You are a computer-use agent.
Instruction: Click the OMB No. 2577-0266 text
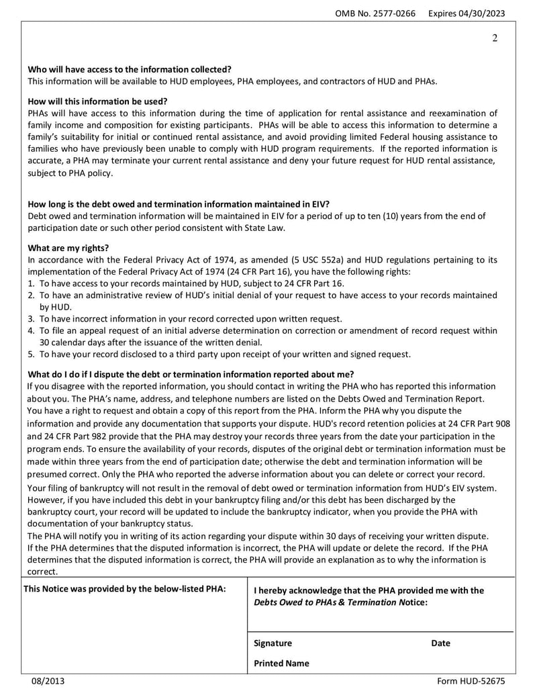(377, 13)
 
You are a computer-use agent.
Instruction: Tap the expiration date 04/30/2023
(488, 13)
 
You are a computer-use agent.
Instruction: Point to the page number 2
(495, 38)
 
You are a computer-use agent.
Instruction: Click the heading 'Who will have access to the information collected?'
(130, 69)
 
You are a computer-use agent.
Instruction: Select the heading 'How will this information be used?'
(97, 101)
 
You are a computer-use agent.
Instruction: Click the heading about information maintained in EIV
(179, 203)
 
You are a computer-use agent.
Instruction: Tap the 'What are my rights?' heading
(68, 247)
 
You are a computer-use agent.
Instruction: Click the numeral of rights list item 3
(31, 319)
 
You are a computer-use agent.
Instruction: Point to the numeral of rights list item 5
(31, 355)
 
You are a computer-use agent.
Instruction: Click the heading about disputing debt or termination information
(191, 374)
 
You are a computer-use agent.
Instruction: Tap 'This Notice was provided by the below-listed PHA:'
(124, 589)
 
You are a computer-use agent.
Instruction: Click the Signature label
(273, 643)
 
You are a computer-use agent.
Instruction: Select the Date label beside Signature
(440, 643)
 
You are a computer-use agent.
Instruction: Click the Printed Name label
(281, 663)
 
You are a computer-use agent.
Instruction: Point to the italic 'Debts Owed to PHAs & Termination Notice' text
(340, 602)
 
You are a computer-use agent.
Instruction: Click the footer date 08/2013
(48, 682)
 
